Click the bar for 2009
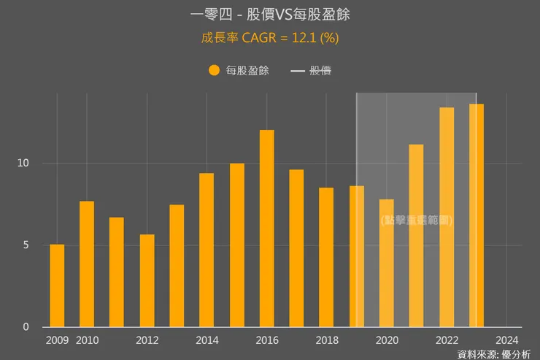(57, 286)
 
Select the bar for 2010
(87, 264)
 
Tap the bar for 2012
(147, 280)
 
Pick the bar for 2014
(207, 250)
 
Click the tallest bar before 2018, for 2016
(267, 228)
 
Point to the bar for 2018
(326, 257)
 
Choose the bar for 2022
(447, 217)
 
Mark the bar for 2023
(477, 215)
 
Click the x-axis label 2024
(506, 340)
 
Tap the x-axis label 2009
(57, 340)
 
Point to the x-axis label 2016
(267, 340)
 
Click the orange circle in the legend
(214, 71)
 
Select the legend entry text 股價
(321, 71)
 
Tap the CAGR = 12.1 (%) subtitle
(270, 38)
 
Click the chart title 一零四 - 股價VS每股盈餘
(270, 15)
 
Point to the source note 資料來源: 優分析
(494, 354)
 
